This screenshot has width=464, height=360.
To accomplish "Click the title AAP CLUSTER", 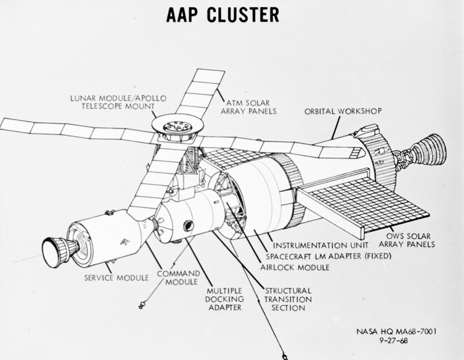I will point(222,15).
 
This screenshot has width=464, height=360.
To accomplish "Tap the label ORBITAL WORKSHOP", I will point(343,111).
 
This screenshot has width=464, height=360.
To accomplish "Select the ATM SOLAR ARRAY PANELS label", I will point(251,106).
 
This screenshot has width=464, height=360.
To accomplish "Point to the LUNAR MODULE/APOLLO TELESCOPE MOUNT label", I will point(118,102).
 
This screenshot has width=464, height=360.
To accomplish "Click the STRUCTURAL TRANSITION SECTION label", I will point(288,299).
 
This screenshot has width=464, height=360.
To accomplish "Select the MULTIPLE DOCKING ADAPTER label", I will point(224,299).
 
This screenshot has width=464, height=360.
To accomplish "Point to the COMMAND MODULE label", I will point(179,277).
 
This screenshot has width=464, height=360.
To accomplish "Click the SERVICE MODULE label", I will point(116,278).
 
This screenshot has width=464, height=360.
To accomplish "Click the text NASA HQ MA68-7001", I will point(396,331).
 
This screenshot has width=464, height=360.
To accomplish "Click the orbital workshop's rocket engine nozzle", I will point(429,150).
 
